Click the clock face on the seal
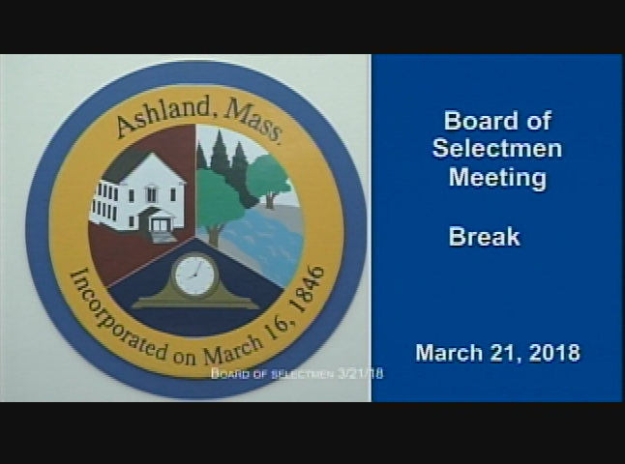(x=195, y=276)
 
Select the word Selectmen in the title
(x=496, y=149)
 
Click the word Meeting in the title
(x=496, y=178)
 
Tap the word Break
(x=484, y=237)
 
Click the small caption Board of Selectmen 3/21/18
(x=297, y=374)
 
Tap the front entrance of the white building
(x=159, y=225)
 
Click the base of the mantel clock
(x=195, y=303)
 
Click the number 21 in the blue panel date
(x=506, y=353)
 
